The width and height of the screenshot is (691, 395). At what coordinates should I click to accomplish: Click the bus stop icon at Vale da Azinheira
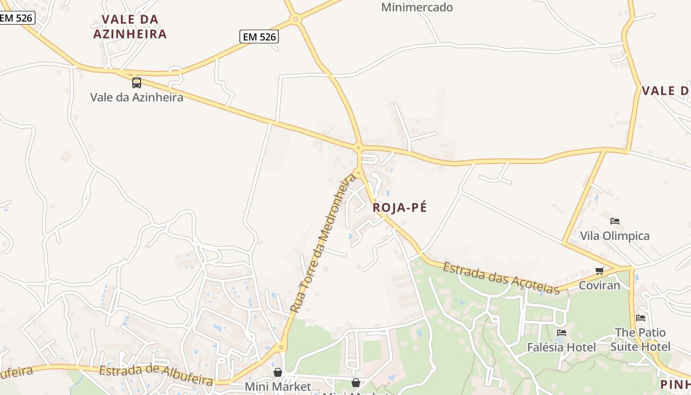click(137, 83)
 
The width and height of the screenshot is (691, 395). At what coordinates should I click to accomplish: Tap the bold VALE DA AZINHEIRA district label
click(130, 27)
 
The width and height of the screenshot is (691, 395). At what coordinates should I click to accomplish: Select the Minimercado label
click(417, 7)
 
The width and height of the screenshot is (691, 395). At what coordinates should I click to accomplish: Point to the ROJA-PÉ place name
click(400, 207)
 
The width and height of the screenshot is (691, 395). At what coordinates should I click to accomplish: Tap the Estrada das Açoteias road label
click(501, 278)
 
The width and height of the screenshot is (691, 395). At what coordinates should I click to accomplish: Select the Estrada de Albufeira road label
click(156, 376)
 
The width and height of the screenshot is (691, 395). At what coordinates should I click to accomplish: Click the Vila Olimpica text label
click(614, 236)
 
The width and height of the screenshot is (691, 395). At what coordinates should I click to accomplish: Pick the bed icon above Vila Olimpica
click(615, 221)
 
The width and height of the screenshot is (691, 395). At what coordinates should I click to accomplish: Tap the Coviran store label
click(599, 285)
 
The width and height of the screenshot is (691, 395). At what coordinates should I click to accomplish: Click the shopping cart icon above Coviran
click(600, 271)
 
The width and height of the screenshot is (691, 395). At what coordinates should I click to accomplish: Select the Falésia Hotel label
click(561, 347)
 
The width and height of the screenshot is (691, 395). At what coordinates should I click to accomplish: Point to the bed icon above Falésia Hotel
click(561, 333)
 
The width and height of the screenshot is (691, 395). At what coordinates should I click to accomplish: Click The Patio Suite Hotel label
click(640, 339)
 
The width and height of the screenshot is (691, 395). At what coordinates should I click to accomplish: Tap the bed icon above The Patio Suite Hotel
click(641, 317)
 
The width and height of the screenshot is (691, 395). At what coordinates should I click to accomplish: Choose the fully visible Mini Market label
click(278, 386)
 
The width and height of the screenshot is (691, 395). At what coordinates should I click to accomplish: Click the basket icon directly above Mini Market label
click(278, 372)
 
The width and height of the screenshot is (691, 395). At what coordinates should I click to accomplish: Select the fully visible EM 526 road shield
click(259, 36)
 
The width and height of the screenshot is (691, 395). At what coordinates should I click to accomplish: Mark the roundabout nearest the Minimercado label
click(296, 20)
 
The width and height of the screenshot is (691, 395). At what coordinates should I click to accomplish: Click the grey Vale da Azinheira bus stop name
click(137, 97)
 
